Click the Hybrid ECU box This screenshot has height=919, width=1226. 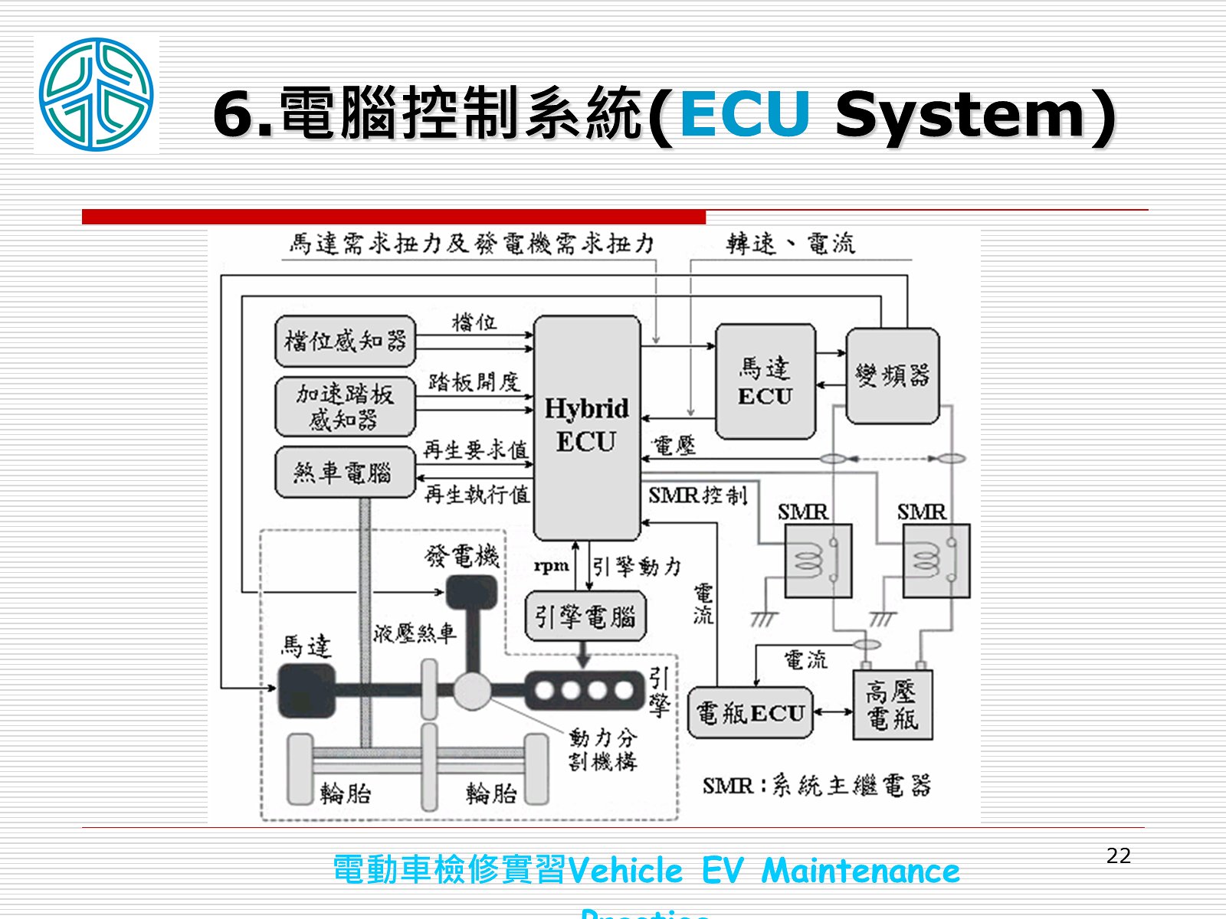point(587,427)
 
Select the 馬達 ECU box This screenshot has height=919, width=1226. point(765,381)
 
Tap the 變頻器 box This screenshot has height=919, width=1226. point(892,375)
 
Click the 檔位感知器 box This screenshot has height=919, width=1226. point(345,341)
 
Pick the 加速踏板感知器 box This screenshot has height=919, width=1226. point(345,406)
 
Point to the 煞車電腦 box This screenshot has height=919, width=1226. point(345,473)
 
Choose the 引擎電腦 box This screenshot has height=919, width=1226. point(585,616)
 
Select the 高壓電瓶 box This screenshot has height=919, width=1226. point(893,705)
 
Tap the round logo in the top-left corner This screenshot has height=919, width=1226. point(97,94)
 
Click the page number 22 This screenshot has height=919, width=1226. point(1119,856)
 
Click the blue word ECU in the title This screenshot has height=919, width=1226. point(744,115)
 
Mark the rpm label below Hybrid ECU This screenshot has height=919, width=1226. point(552,566)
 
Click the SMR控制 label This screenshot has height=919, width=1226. point(697,495)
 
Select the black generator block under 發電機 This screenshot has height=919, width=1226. point(471,593)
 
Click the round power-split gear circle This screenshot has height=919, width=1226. point(472,692)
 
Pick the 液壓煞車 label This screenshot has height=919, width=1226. point(415,633)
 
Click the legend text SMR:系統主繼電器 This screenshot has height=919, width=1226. point(816,786)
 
